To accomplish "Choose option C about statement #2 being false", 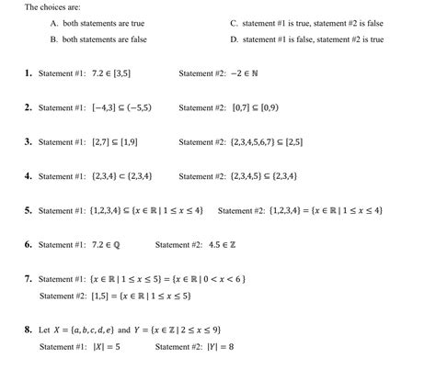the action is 307,24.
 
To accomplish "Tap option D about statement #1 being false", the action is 307,39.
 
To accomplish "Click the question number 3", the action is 29,141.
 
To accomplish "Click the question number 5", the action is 29,210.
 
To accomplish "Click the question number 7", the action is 29,279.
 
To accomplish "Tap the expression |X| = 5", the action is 106,347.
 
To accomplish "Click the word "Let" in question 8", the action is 44,330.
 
